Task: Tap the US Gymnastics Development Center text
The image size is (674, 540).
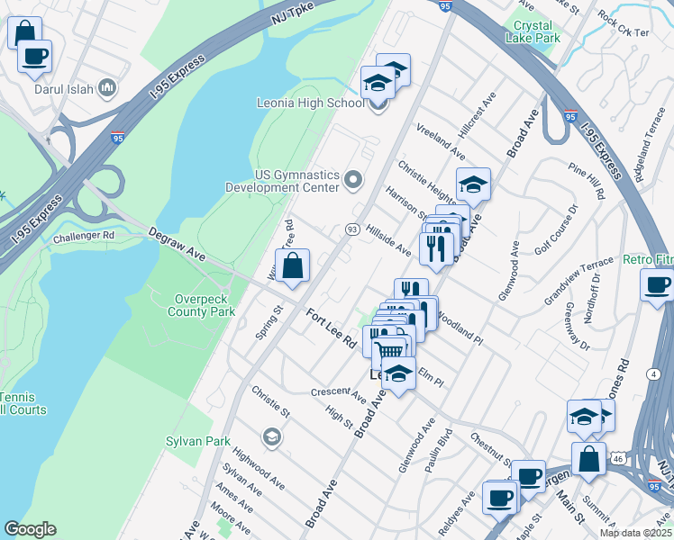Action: point(282,181)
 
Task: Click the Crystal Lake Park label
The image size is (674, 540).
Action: point(535,32)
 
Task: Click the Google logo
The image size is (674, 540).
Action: point(29,529)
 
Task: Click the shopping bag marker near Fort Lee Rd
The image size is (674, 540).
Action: point(292,266)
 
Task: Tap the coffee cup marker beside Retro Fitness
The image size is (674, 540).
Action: point(658,286)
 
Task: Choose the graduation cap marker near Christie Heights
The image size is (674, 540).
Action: point(473,185)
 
